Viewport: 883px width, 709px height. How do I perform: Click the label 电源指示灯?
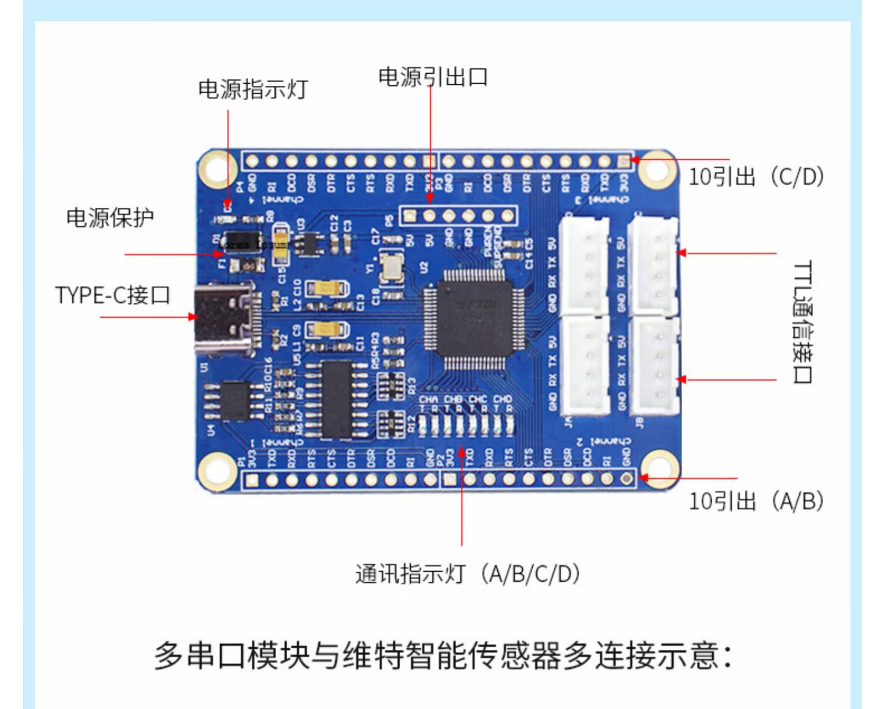pyautogui.click(x=253, y=90)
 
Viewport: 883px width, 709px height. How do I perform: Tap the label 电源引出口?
pyautogui.click(x=433, y=77)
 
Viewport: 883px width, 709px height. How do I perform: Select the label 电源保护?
pyautogui.click(x=110, y=218)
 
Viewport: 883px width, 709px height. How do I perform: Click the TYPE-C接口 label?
pyautogui.click(x=113, y=294)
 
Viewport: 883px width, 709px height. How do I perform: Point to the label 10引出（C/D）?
pyautogui.click(x=756, y=176)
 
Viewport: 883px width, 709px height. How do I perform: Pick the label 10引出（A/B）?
pyautogui.click(x=756, y=501)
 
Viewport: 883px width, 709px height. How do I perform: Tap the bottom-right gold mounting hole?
pyautogui.click(x=657, y=469)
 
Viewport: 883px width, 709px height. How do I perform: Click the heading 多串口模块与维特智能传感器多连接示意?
pyautogui.click(x=443, y=655)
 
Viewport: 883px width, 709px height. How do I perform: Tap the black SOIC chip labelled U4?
pyautogui.click(x=235, y=400)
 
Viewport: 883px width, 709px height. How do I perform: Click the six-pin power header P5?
pyautogui.click(x=459, y=216)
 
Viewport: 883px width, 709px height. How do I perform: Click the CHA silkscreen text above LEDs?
pyautogui.click(x=428, y=399)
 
